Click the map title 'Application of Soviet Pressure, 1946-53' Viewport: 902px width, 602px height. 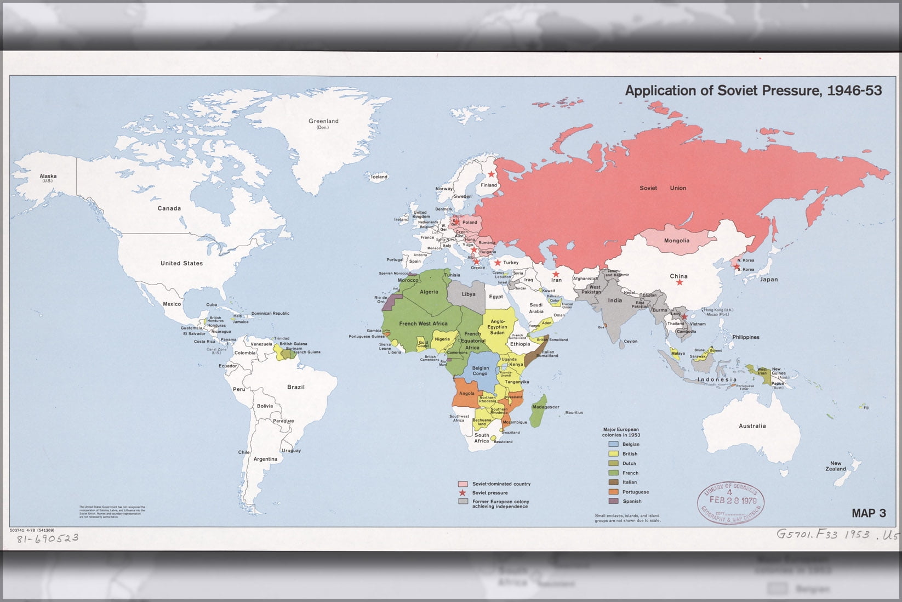coord(753,90)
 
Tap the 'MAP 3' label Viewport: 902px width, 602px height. coord(869,513)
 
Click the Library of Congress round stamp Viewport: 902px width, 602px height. coord(730,502)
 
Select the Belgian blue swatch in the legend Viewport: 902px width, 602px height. coord(613,444)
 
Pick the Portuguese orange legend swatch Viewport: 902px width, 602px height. coord(613,492)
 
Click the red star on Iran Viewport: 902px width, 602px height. coord(556,274)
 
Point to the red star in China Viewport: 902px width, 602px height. coord(680,282)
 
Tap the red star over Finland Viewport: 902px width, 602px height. coord(491,174)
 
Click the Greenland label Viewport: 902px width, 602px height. coord(323,121)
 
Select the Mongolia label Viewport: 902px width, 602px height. coord(676,241)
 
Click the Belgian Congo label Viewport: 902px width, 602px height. coord(480,371)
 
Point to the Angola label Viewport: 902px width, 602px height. coord(466,393)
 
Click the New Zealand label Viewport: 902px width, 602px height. coord(836,466)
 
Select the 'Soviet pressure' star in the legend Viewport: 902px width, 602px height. coord(463,493)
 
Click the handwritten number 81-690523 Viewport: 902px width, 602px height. coord(47,538)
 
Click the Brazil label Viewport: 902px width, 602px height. coord(295,387)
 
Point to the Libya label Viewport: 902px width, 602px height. coord(468,294)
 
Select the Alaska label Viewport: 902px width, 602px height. coord(48,177)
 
